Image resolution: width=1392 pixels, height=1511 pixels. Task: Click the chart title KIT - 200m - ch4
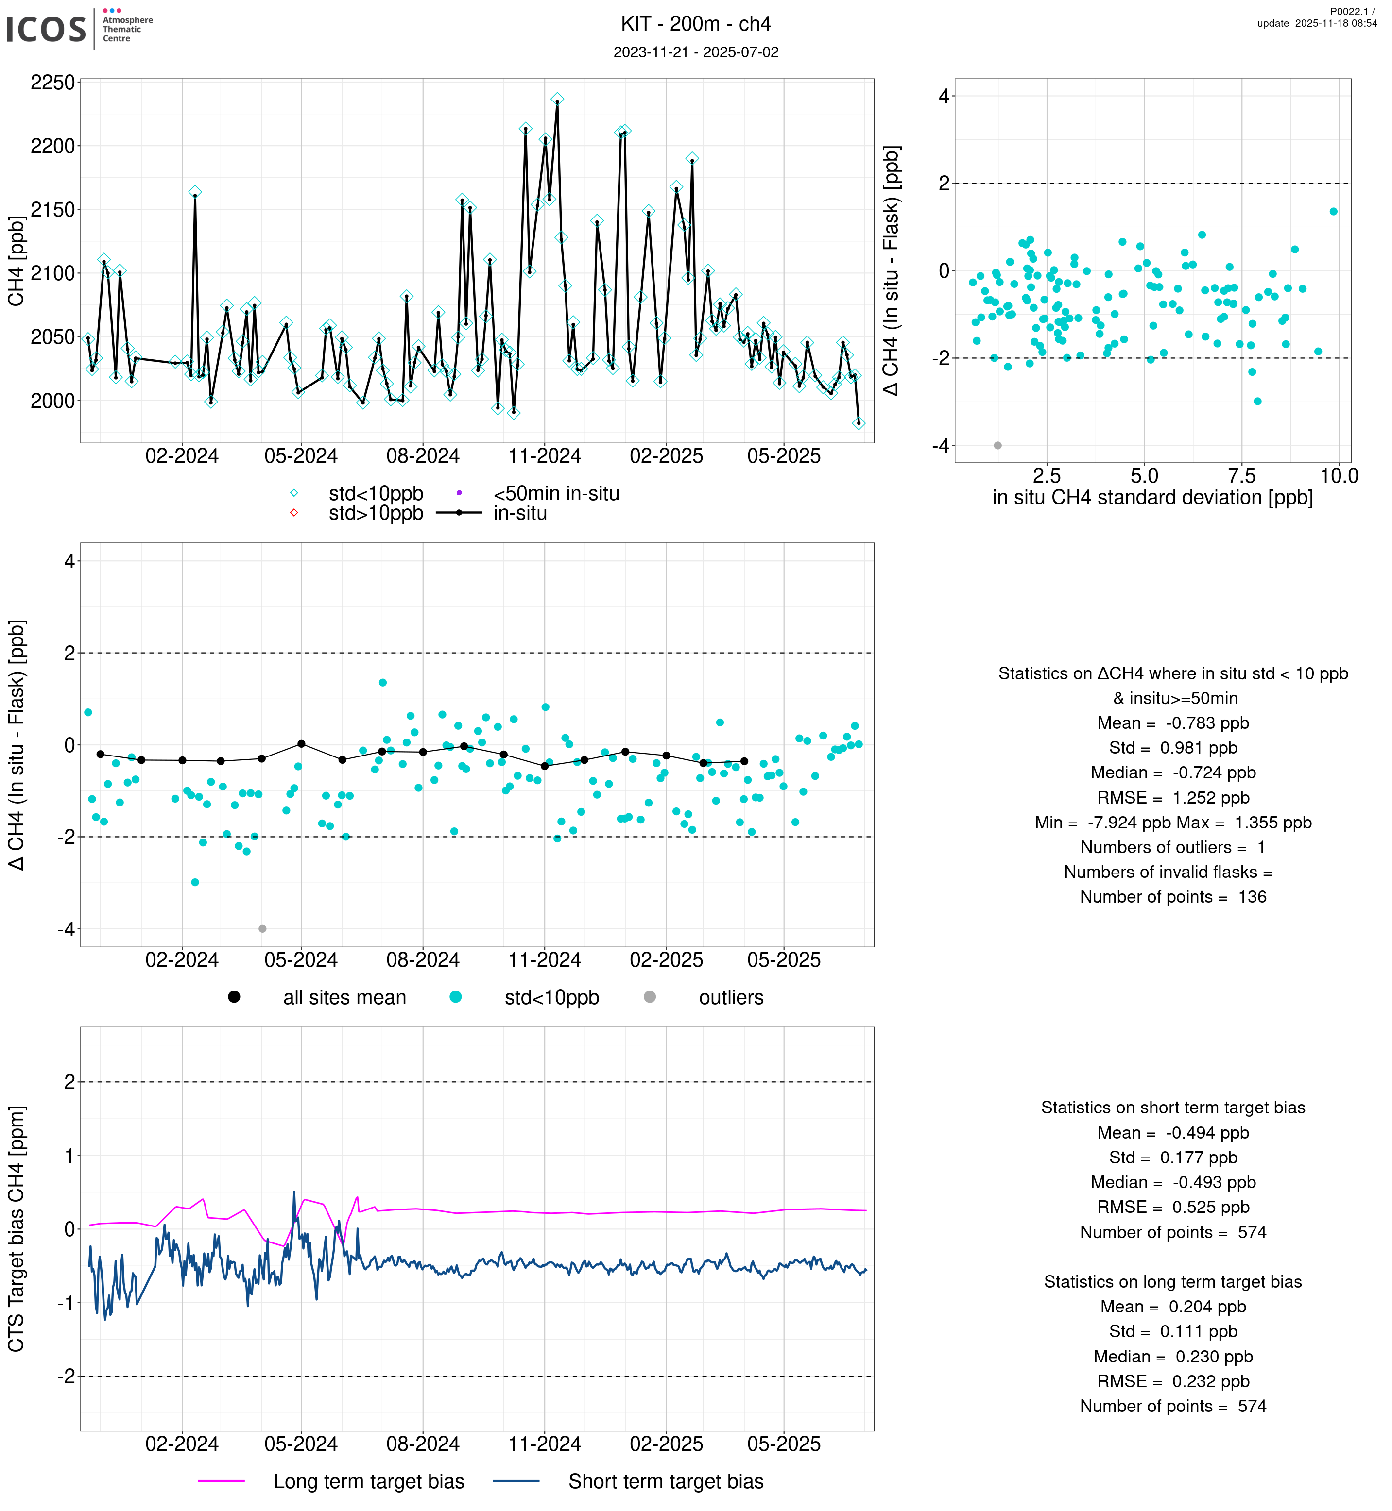pyautogui.click(x=695, y=24)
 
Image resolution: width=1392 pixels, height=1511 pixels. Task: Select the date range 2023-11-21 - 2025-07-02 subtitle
pyautogui.click(x=695, y=53)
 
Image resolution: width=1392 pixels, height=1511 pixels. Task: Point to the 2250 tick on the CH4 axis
pyautogui.click(x=53, y=82)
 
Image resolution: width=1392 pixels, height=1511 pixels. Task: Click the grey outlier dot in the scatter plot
pyautogui.click(x=998, y=446)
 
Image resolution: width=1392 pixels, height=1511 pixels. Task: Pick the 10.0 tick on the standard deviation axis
pyautogui.click(x=1339, y=476)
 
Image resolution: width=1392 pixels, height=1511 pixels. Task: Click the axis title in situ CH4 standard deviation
pyautogui.click(x=1152, y=498)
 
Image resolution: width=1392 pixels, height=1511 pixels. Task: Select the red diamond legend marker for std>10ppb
pyautogui.click(x=294, y=513)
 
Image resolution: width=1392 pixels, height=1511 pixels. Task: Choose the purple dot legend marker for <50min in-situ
pyautogui.click(x=459, y=493)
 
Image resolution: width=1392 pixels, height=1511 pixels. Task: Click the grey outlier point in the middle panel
pyautogui.click(x=262, y=929)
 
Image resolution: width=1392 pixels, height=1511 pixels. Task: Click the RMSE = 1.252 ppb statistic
pyautogui.click(x=1173, y=797)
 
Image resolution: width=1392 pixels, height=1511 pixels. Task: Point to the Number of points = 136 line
pyautogui.click(x=1173, y=897)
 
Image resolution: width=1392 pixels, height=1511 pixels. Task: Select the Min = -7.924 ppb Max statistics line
pyautogui.click(x=1173, y=822)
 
